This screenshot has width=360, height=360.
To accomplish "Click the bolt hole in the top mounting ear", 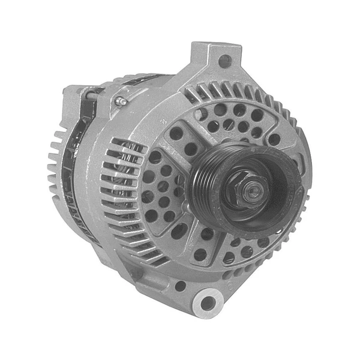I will (224, 61).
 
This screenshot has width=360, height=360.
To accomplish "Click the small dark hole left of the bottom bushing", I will (179, 286).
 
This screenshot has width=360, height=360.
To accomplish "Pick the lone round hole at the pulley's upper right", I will (274, 139).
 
